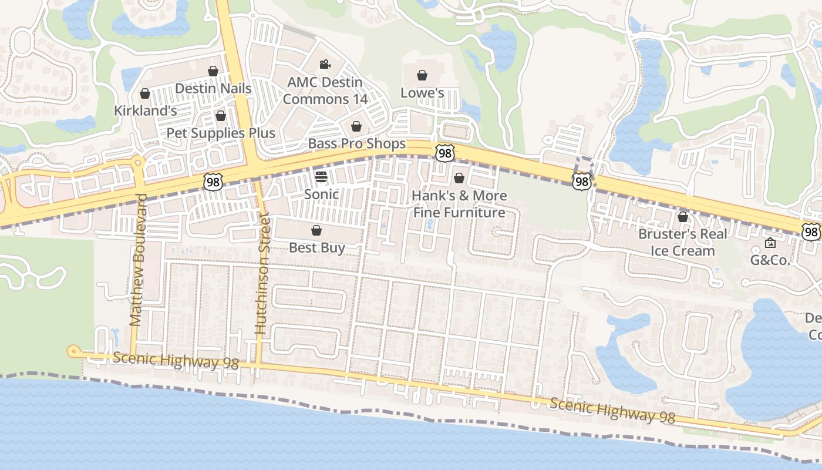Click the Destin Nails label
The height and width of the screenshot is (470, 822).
(x=214, y=89)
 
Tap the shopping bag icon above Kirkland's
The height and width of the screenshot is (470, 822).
(x=145, y=93)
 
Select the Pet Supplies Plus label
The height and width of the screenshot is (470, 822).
(x=221, y=133)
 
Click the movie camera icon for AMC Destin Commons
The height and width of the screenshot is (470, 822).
(x=325, y=64)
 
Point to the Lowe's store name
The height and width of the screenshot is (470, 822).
(x=422, y=93)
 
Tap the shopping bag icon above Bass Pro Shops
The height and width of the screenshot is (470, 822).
(x=356, y=126)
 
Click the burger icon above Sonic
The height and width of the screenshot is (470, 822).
(x=321, y=176)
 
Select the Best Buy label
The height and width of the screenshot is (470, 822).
(x=316, y=247)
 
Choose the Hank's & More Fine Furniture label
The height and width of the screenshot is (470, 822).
(x=459, y=204)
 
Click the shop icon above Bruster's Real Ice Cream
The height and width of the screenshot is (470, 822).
(x=682, y=217)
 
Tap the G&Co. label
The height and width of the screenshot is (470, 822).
(x=770, y=260)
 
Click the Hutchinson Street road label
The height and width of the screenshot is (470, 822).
(x=261, y=275)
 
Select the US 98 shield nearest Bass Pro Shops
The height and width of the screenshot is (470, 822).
(x=444, y=153)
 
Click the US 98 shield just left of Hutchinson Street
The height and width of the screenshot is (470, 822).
(x=213, y=182)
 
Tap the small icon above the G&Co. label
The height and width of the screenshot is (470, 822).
(x=770, y=243)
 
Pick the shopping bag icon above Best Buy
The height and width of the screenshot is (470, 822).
(x=316, y=230)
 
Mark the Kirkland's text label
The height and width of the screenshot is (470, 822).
(x=145, y=110)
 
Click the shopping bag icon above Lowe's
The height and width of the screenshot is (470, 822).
(x=422, y=75)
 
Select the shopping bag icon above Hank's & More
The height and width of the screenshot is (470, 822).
(x=459, y=177)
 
